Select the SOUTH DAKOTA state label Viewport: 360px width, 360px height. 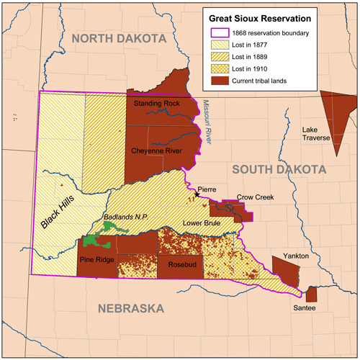click(x=279, y=168)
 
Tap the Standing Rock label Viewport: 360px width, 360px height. click(x=158, y=104)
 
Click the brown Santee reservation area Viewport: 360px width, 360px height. click(x=312, y=294)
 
